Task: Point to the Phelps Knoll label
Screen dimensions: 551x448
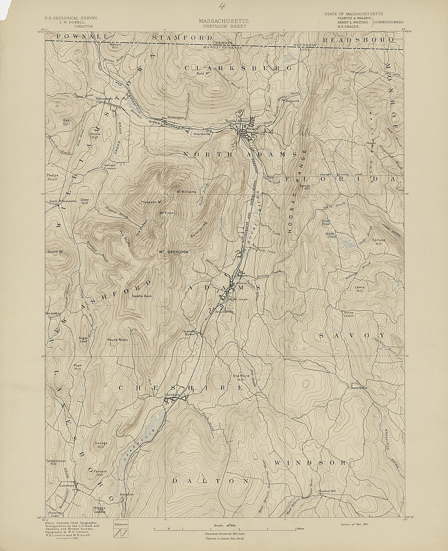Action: pos(53,177)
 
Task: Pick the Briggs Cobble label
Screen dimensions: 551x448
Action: pos(100,510)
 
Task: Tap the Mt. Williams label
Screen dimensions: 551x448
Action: pos(186,191)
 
